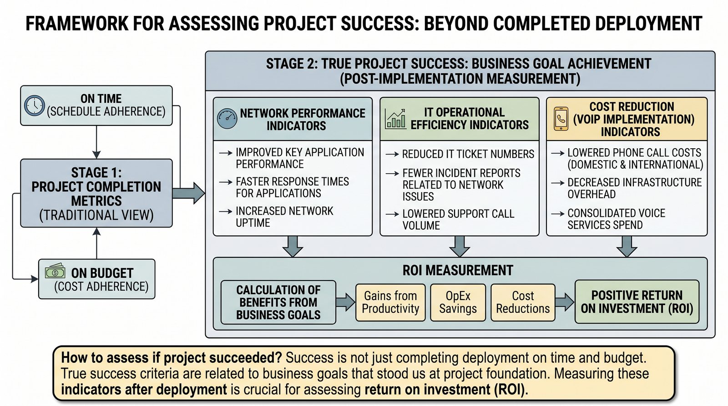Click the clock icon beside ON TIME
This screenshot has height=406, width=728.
35,105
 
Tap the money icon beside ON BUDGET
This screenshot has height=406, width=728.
55,271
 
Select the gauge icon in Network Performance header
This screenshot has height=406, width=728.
227,119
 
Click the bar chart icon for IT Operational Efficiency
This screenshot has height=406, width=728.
395,119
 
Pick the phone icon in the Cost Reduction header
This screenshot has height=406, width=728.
561,119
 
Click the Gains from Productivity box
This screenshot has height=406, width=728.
390,302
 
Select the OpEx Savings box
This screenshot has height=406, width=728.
458,302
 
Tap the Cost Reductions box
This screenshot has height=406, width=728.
523,302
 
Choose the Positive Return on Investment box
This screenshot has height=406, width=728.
637,302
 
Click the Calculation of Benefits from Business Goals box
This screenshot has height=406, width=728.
278,302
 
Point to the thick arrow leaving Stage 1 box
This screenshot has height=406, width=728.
188,193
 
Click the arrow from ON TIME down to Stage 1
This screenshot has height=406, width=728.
96,142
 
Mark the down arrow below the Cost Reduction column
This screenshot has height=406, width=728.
627,246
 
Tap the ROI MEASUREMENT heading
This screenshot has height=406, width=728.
458,270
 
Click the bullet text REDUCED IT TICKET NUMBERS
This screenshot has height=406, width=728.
468,154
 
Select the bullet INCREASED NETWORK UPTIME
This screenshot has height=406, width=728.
284,217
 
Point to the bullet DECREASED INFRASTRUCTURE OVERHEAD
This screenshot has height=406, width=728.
634,188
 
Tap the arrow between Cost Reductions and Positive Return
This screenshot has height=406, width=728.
565,302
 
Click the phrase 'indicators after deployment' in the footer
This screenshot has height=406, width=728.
144,390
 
